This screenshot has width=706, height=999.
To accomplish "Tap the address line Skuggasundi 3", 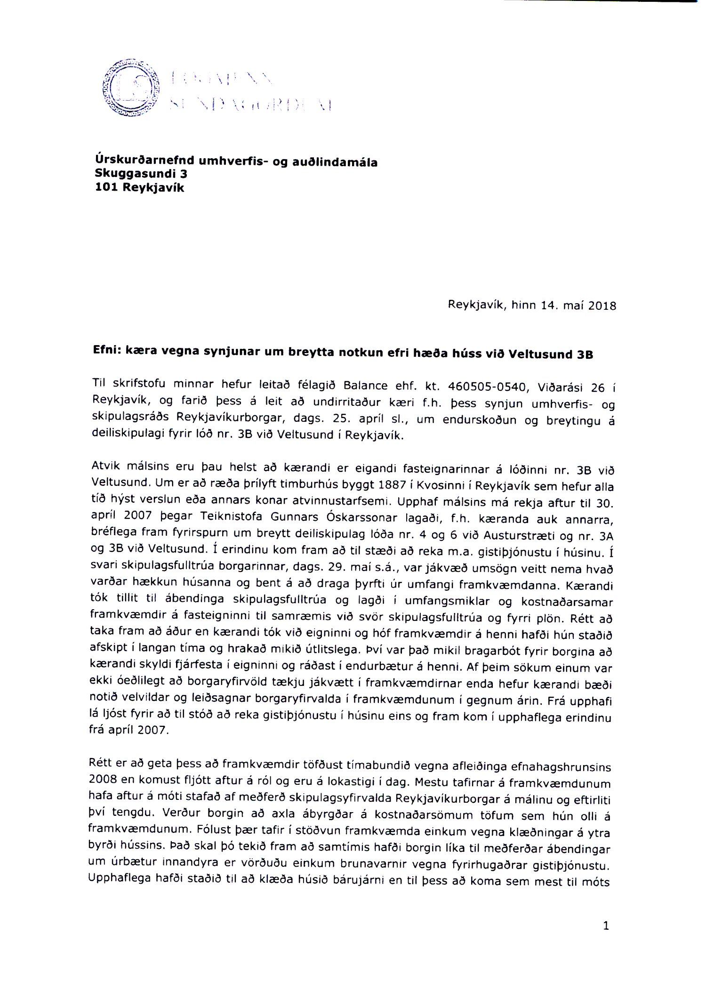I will click(x=141, y=174).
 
